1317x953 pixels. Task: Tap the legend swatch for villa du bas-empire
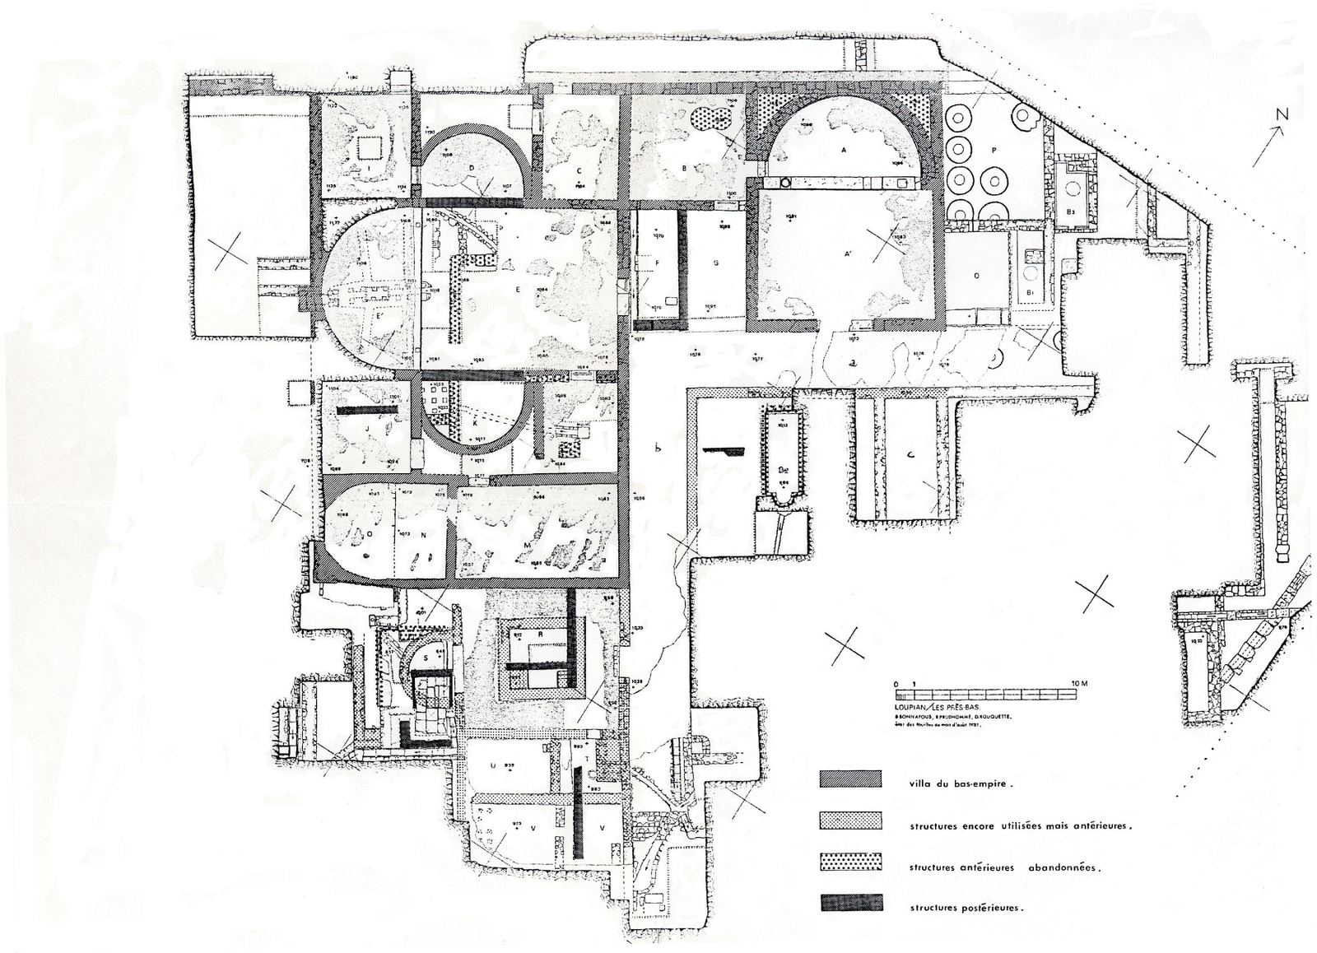click(x=850, y=779)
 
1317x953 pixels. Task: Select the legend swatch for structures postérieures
click(x=850, y=903)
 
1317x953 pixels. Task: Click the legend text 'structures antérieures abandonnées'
click(x=1004, y=867)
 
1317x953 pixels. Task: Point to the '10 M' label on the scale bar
click(x=1078, y=684)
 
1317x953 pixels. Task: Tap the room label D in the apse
click(x=472, y=166)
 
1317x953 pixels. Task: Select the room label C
click(x=579, y=170)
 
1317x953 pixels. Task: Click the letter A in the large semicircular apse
click(x=843, y=151)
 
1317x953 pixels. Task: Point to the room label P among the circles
click(x=994, y=150)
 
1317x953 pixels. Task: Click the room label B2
click(x=1071, y=212)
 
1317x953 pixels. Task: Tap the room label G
click(x=716, y=263)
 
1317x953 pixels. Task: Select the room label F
click(x=657, y=263)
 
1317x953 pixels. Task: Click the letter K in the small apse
click(x=475, y=421)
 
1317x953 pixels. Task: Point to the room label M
click(x=527, y=545)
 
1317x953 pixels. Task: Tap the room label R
click(x=539, y=635)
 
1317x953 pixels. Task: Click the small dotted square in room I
click(x=368, y=147)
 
